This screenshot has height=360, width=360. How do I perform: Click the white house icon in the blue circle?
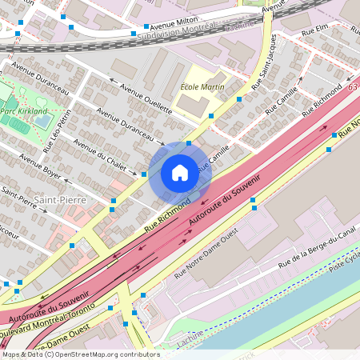click(180, 172)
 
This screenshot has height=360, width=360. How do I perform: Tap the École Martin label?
click(202, 86)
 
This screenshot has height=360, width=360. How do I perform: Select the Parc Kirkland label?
click(25, 111)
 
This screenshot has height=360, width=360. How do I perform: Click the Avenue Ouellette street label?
click(146, 98)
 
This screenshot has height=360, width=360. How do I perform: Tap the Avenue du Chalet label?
click(100, 154)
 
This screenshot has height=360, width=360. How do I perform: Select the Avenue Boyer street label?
click(41, 166)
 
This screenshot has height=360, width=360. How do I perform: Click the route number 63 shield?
click(354, 85)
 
